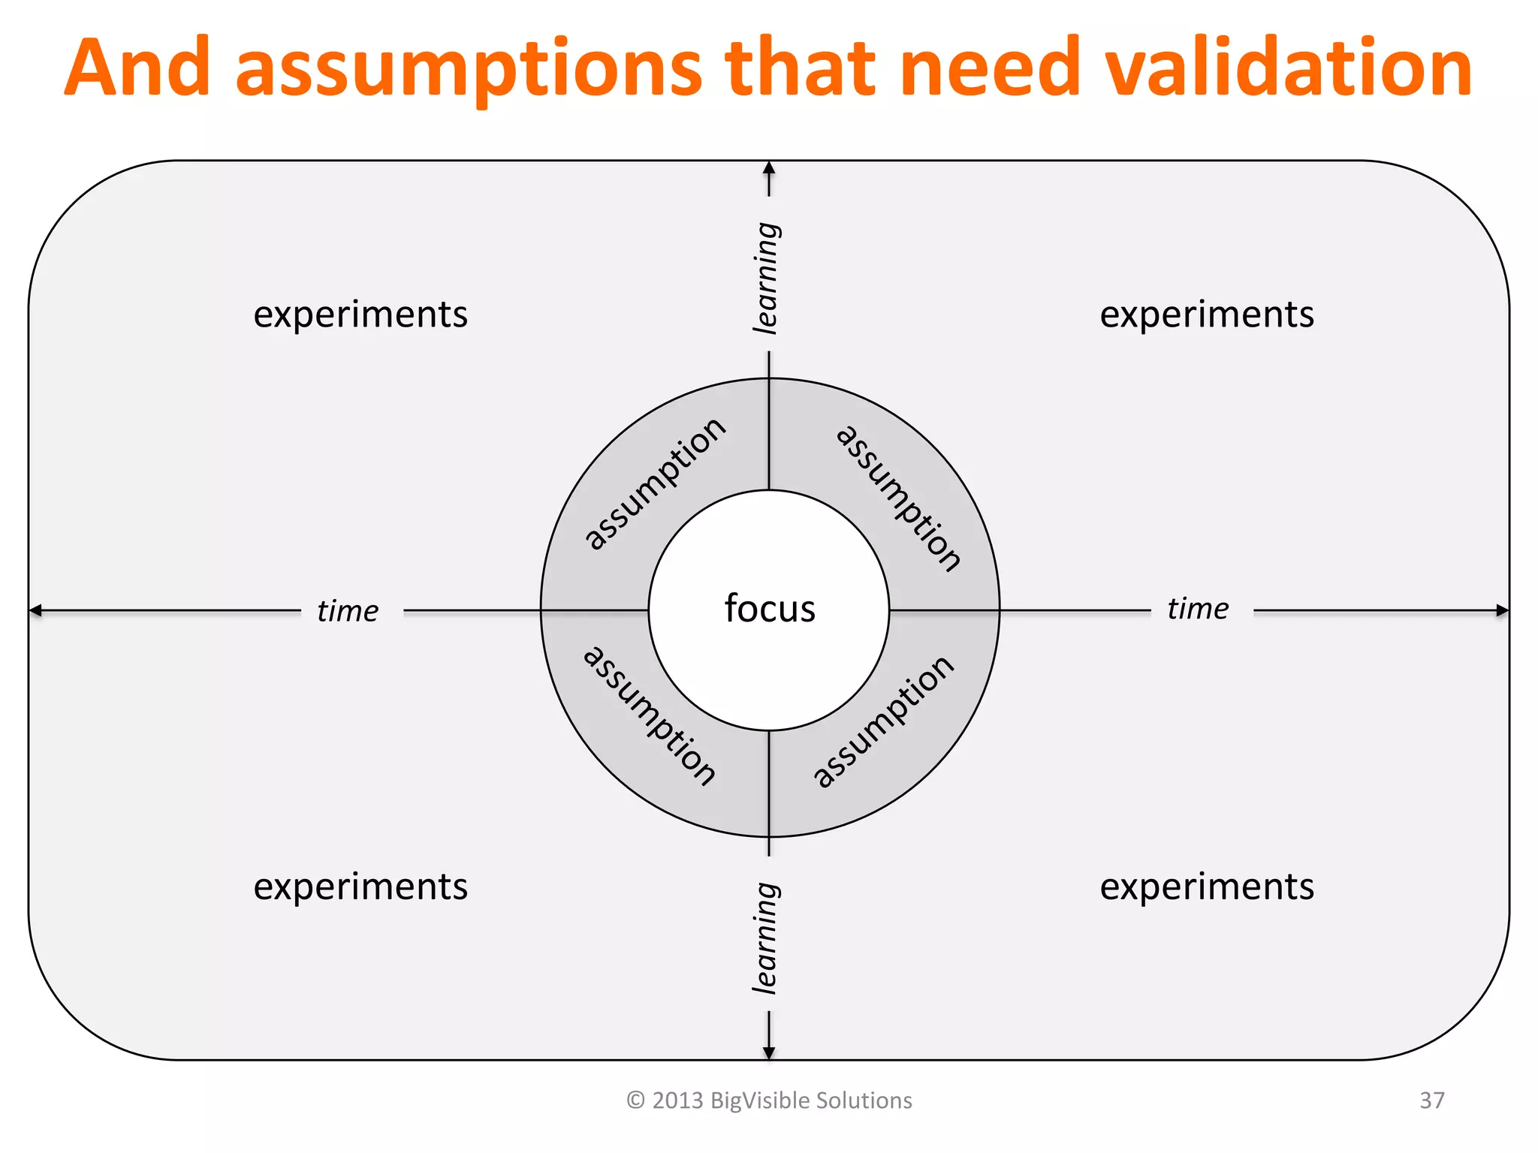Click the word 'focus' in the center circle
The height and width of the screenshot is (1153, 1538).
(770, 608)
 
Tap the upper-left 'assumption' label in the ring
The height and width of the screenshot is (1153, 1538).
(655, 484)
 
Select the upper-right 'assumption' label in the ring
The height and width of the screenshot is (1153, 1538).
(898, 498)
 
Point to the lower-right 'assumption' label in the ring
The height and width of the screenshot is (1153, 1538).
(884, 721)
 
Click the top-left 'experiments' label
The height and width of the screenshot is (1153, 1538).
(360, 315)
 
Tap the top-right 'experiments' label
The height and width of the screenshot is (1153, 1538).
(1207, 315)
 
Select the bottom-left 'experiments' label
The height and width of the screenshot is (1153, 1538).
(360, 887)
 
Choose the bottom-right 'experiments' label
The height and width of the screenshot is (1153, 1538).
(1207, 887)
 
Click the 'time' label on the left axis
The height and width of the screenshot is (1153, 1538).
(348, 611)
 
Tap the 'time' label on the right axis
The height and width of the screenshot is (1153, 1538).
(1198, 609)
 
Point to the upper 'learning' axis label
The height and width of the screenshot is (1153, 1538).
(767, 278)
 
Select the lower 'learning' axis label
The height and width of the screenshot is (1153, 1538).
(767, 938)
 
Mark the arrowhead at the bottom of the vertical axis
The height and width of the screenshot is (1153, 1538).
(769, 1053)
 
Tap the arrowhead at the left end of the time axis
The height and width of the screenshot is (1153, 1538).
(35, 610)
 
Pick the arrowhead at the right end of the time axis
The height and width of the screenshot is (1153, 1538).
(1503, 610)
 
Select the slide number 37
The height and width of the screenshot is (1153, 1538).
(1431, 1100)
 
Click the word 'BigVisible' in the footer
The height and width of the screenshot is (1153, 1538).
(759, 1100)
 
